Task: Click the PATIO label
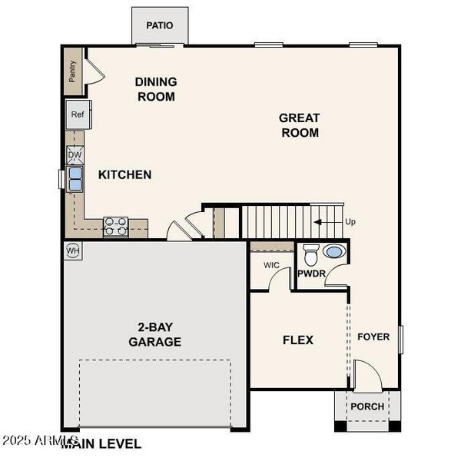click(159, 25)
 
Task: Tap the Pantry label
click(72, 71)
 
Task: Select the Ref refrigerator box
click(78, 114)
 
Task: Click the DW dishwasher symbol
click(75, 154)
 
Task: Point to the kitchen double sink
click(75, 179)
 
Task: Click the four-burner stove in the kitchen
click(115, 225)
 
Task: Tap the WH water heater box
click(73, 250)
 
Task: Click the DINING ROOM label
click(155, 89)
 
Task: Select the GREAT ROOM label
click(299, 124)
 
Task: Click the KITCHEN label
click(124, 174)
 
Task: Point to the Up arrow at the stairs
click(326, 221)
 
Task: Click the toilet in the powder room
click(310, 253)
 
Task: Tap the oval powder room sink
click(334, 251)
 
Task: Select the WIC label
click(271, 265)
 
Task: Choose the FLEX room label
click(298, 340)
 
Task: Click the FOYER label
click(373, 337)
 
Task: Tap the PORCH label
click(366, 406)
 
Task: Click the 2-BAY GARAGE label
click(154, 334)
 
